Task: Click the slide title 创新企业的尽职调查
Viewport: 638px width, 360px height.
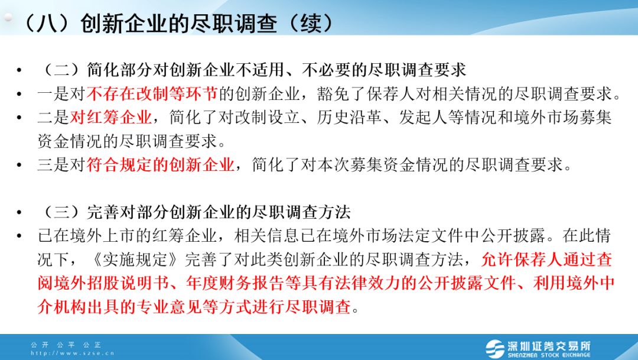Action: pyautogui.click(x=178, y=23)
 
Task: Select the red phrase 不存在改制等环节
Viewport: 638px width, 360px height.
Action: pyautogui.click(x=152, y=93)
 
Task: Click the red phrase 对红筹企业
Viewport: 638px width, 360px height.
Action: pyautogui.click(x=110, y=117)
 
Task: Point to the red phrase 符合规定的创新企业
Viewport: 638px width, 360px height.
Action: pyautogui.click(x=160, y=164)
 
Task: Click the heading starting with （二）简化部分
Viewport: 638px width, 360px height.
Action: pyautogui.click(x=252, y=70)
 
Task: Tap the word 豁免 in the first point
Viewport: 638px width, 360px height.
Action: pyautogui.click(x=333, y=93)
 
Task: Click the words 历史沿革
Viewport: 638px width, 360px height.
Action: pyautogui.click(x=349, y=117)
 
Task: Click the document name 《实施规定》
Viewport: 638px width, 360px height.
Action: pyautogui.click(x=135, y=259)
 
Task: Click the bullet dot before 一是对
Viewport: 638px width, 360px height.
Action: pyautogui.click(x=19, y=94)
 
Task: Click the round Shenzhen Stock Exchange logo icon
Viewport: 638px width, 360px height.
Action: pyautogui.click(x=495, y=349)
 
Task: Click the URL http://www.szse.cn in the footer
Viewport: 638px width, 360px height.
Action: pyautogui.click(x=73, y=353)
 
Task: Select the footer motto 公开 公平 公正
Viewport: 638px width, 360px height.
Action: pyautogui.click(x=66, y=345)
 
